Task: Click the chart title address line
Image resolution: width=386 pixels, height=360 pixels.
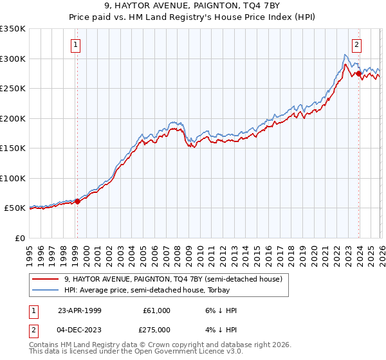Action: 193,6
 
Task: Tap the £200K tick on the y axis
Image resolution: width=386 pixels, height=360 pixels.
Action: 13,118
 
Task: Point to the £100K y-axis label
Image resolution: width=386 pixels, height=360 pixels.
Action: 13,178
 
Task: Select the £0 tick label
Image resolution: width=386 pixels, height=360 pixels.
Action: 19,238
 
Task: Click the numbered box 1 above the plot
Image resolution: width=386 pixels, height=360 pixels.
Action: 76,45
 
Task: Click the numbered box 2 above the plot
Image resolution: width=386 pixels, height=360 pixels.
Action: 356,45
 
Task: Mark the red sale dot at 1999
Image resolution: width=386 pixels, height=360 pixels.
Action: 78,201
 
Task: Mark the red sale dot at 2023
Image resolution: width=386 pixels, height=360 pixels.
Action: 358,74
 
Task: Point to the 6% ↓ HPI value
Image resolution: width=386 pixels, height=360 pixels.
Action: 222,310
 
